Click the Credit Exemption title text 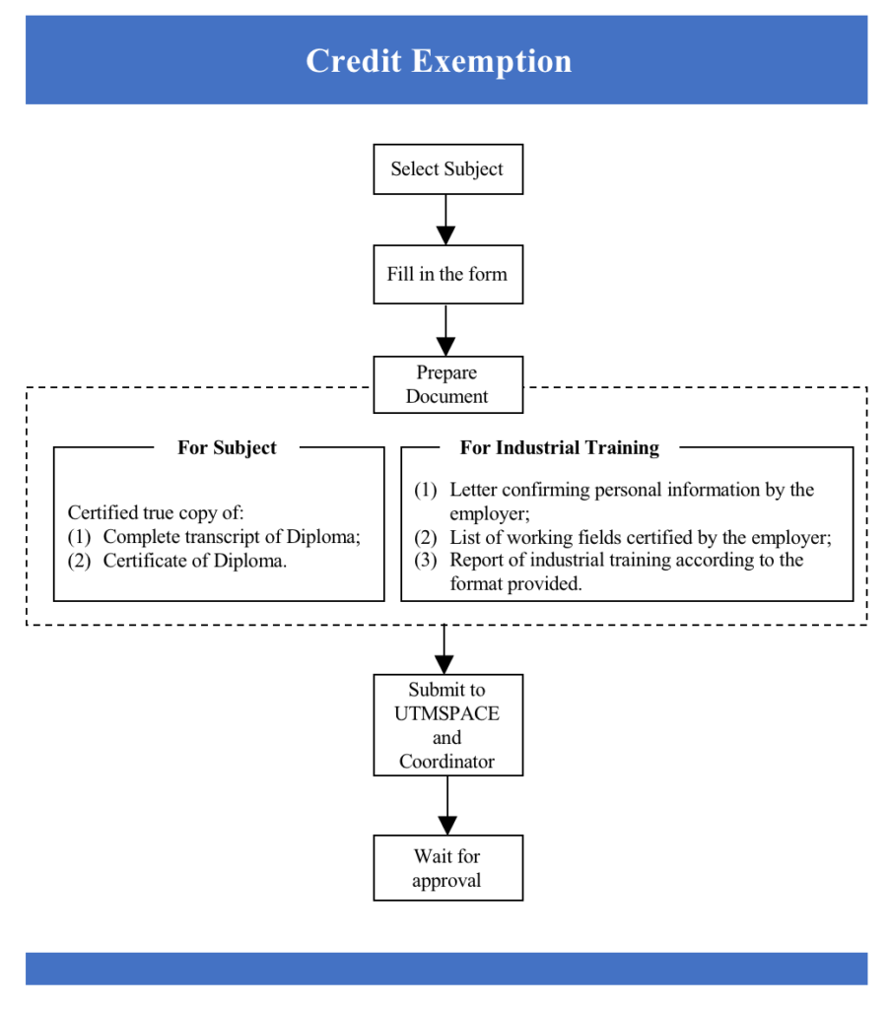[x=439, y=61]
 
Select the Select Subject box [x=447, y=169]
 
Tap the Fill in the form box [x=447, y=274]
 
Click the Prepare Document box [x=447, y=384]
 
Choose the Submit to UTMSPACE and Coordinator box [x=447, y=725]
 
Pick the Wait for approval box [x=447, y=868]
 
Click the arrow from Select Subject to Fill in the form [x=446, y=219]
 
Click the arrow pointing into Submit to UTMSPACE [x=445, y=650]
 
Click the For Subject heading [x=227, y=447]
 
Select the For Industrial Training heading [x=559, y=447]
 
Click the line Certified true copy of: [x=156, y=513]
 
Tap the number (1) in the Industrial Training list [x=424, y=490]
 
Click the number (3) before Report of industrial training [x=424, y=561]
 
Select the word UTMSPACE [x=447, y=713]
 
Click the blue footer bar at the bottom [x=445, y=968]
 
